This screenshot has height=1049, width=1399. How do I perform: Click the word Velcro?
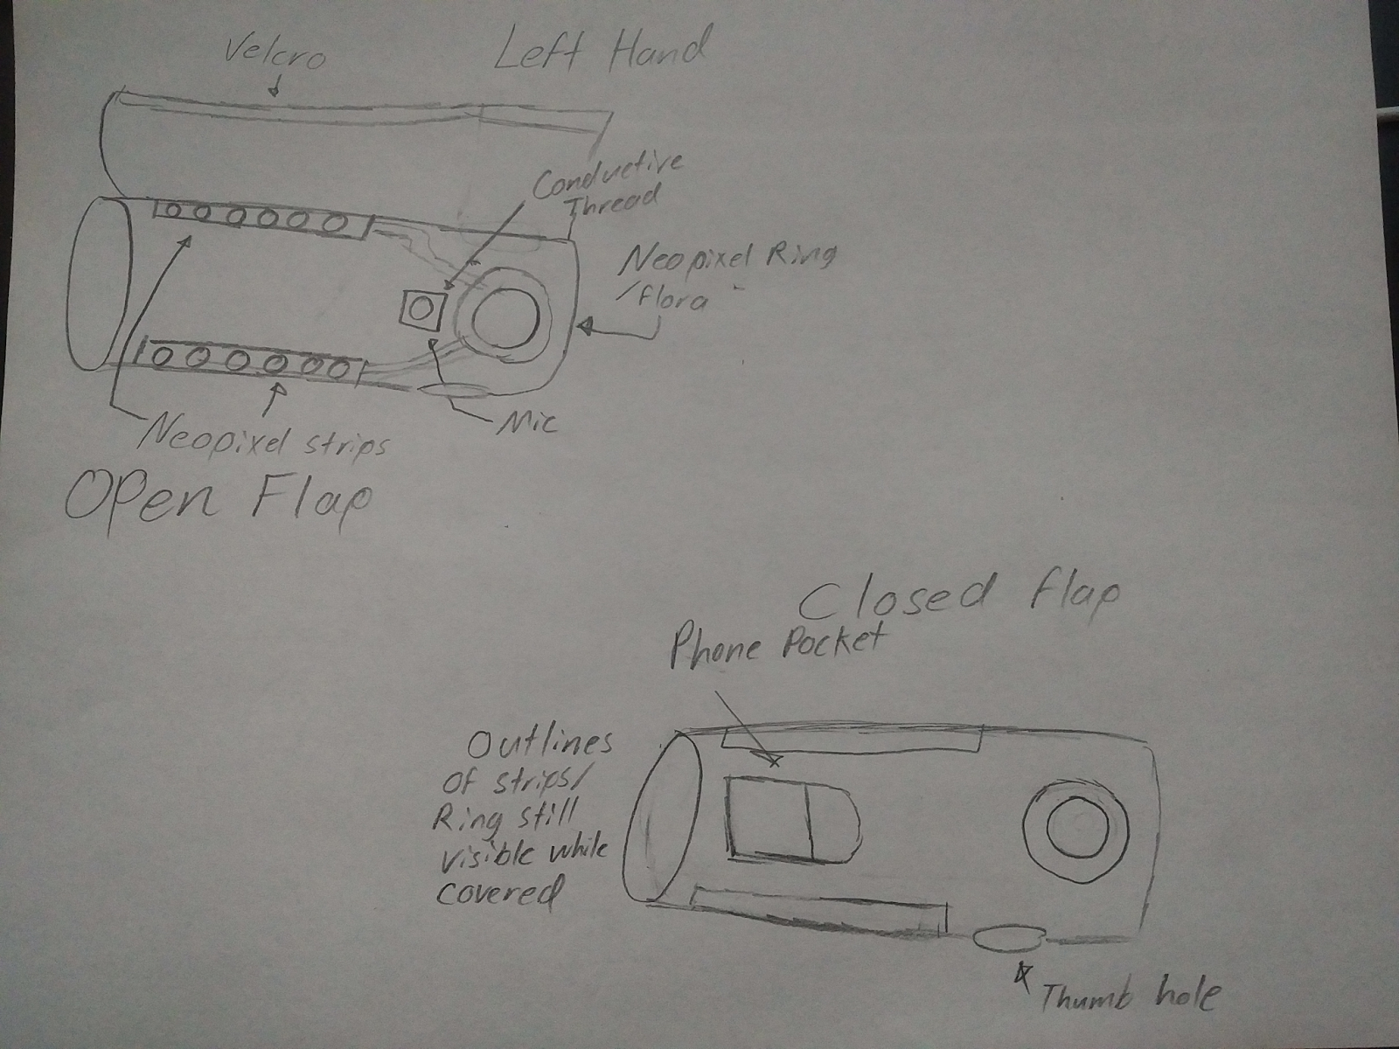pyautogui.click(x=274, y=56)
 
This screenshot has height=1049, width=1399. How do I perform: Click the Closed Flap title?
pyautogui.click(x=958, y=600)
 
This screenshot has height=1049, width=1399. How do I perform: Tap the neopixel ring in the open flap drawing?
pyautogui.click(x=503, y=315)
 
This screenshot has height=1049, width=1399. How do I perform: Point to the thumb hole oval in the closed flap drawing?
pyautogui.click(x=1007, y=940)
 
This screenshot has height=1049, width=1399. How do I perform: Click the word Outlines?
pyautogui.click(x=539, y=744)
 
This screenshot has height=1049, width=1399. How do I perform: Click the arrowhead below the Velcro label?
pyautogui.click(x=276, y=89)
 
